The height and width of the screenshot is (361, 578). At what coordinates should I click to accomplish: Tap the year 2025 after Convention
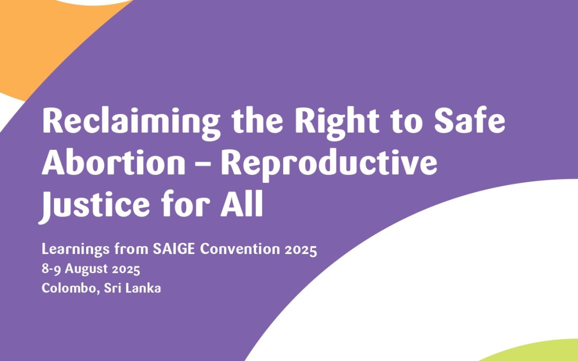302,250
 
